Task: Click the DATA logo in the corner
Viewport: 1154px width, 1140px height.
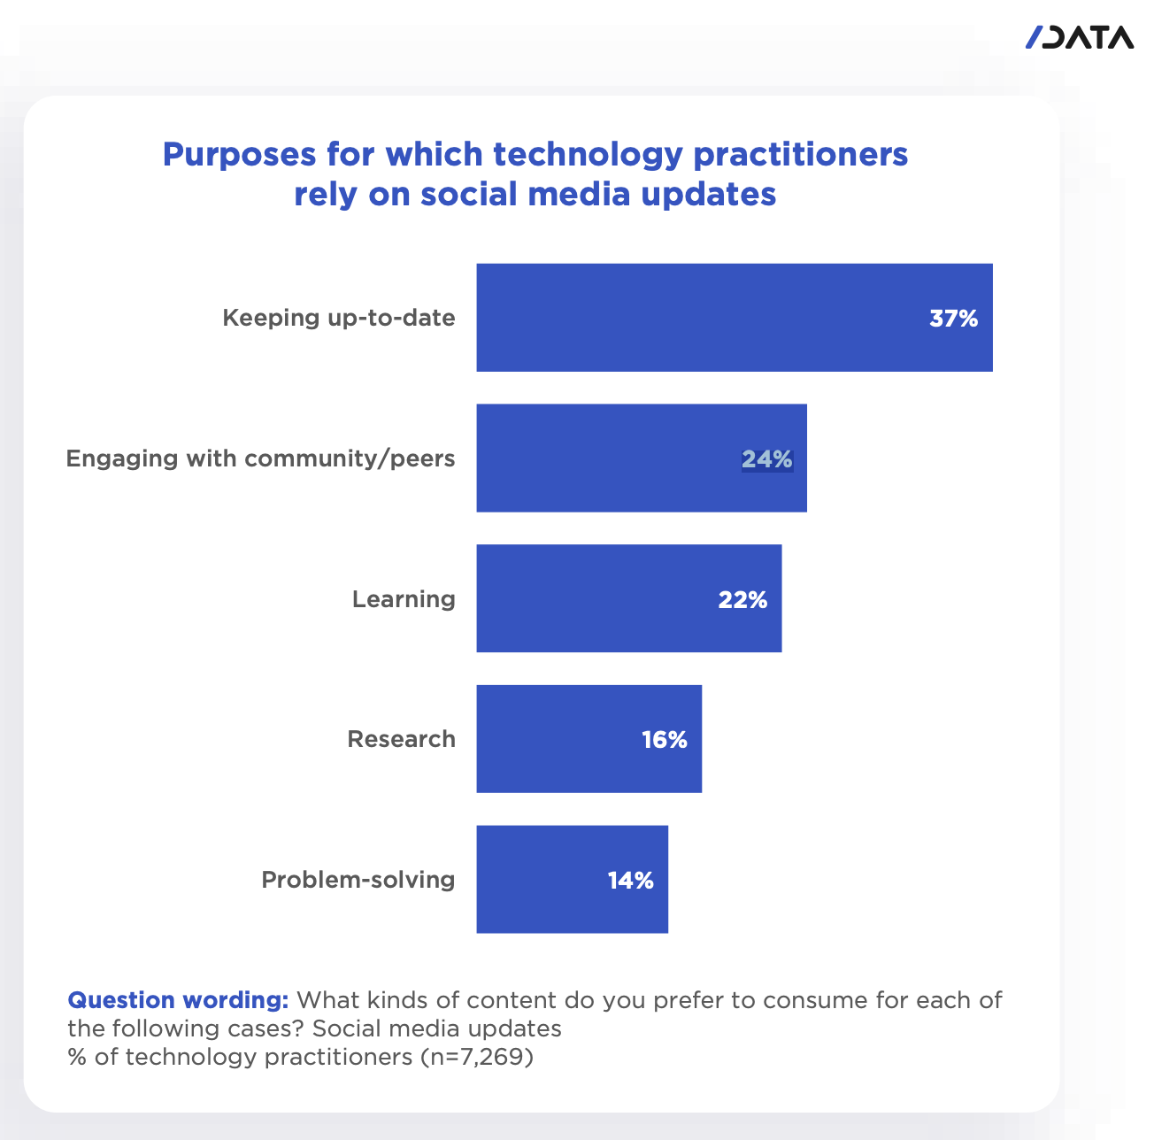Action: pyautogui.click(x=1079, y=37)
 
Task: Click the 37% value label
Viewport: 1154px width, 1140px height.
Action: pyautogui.click(x=953, y=319)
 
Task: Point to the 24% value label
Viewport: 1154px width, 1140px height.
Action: pyautogui.click(x=766, y=458)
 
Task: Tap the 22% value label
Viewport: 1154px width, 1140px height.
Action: pyautogui.click(x=742, y=600)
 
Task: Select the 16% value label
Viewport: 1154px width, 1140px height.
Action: pyautogui.click(x=665, y=740)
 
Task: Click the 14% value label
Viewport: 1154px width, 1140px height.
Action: pyautogui.click(x=630, y=881)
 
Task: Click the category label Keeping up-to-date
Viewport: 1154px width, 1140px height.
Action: pyautogui.click(x=339, y=318)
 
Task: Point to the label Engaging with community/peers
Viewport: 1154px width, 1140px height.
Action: pyautogui.click(x=261, y=458)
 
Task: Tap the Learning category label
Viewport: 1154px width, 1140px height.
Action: pyautogui.click(x=404, y=599)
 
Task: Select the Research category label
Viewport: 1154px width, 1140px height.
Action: pyautogui.click(x=401, y=739)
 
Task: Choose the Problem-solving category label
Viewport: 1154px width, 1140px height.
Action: pyautogui.click(x=358, y=880)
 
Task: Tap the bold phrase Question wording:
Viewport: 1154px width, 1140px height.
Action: pyautogui.click(x=178, y=1000)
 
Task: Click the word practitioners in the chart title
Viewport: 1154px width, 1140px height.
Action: pyautogui.click(x=800, y=155)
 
